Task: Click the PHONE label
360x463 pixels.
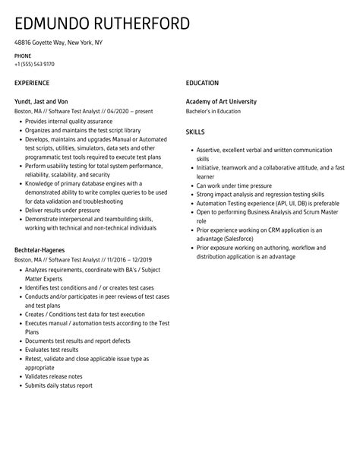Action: (x=23, y=55)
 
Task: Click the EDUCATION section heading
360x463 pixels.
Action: (x=202, y=82)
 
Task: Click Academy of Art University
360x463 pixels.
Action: (x=221, y=101)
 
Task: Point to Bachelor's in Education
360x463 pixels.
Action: (x=213, y=111)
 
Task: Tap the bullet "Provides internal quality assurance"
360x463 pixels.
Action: (x=69, y=121)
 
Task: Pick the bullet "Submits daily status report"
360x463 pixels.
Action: (x=58, y=385)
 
